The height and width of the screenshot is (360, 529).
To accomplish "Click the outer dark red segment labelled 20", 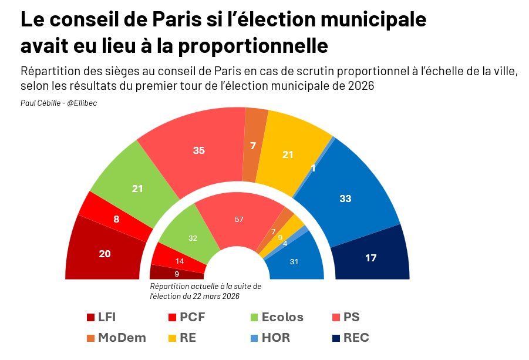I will pyautogui.click(x=105, y=253).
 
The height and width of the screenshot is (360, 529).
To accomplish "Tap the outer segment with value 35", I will pyautogui.click(x=198, y=150).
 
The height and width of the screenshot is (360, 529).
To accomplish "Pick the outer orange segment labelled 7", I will pyautogui.click(x=253, y=145).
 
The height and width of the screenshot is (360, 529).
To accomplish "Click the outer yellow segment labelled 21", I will pyautogui.click(x=288, y=154).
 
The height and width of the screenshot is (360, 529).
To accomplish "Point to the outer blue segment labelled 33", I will pyautogui.click(x=346, y=198).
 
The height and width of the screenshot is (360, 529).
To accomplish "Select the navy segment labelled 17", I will pyautogui.click(x=371, y=258).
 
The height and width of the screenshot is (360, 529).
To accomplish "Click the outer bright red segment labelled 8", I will pyautogui.click(x=117, y=218).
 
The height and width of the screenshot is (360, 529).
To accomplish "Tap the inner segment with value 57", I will pyautogui.click(x=238, y=219).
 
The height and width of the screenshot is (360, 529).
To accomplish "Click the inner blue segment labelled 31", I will pyautogui.click(x=295, y=261).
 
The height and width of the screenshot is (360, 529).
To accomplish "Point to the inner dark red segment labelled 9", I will pyautogui.click(x=177, y=272).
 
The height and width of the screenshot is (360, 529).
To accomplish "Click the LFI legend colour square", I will pyautogui.click(x=90, y=318).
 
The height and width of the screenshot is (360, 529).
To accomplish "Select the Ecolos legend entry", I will pyautogui.click(x=282, y=318).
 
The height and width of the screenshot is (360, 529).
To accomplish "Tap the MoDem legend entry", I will pyautogui.click(x=122, y=338).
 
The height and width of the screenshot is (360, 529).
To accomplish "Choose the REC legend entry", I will pyautogui.click(x=356, y=338).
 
